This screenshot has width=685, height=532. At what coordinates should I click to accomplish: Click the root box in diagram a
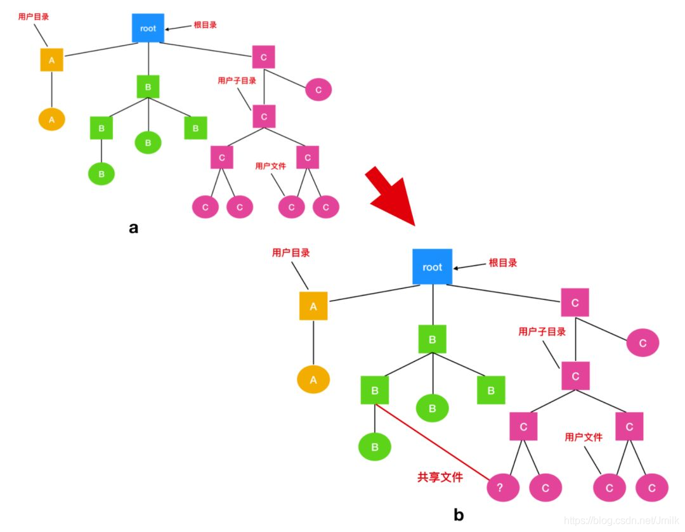click(x=148, y=29)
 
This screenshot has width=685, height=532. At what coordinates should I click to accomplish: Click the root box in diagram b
click(x=432, y=267)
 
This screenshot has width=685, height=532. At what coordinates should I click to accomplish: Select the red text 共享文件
click(x=440, y=477)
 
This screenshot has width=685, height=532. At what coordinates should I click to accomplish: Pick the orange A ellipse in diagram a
click(x=52, y=119)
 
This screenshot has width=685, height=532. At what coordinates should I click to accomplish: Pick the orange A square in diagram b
click(x=313, y=306)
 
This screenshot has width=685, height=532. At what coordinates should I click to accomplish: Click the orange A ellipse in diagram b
click(x=313, y=380)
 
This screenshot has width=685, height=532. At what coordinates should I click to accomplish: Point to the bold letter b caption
click(x=459, y=515)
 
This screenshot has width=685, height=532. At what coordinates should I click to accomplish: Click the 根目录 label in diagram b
click(x=502, y=263)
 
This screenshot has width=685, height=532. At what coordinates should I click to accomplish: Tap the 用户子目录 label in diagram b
click(x=542, y=332)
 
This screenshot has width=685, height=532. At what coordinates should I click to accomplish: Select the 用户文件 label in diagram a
click(x=270, y=166)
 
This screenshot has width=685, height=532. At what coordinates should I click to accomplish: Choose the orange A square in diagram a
click(x=52, y=60)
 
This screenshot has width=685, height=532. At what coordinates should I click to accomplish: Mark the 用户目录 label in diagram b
click(x=290, y=252)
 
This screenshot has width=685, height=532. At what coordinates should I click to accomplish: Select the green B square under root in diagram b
click(x=432, y=340)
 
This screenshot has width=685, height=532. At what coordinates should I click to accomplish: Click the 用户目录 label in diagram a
click(x=34, y=16)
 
